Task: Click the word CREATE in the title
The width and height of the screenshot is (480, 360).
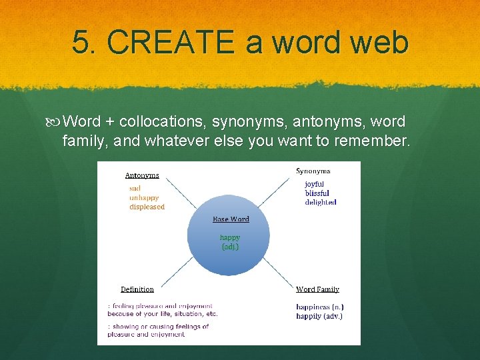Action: coord(170,42)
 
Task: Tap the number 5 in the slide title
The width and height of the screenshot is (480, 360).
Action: coord(81,42)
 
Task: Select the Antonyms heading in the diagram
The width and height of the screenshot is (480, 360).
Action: coord(142,175)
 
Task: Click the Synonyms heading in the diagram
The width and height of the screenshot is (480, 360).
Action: coord(313,171)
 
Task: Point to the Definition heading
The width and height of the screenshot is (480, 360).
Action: coord(137,289)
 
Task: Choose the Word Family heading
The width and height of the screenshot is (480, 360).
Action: coord(317,289)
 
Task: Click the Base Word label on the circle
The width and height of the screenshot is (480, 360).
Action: coord(231,219)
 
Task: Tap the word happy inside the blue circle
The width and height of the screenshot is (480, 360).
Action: coord(230,237)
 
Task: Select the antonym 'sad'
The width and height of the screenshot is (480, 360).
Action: coord(135,189)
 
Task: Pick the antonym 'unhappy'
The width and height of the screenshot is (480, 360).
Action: coord(144,197)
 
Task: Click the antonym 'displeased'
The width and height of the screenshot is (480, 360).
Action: coord(147,207)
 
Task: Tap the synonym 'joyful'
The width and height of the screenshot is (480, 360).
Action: coord(315,184)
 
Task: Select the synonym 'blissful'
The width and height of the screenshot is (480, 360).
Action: coord(317,193)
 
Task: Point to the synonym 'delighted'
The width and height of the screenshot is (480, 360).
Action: coord(321,202)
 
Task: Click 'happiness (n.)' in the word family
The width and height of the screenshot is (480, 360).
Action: coord(320,307)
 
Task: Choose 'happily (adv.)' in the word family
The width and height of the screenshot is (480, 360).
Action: coord(319,316)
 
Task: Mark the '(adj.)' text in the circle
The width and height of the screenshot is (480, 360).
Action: coord(230,247)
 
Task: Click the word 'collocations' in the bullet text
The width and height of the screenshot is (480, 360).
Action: coord(163,122)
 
